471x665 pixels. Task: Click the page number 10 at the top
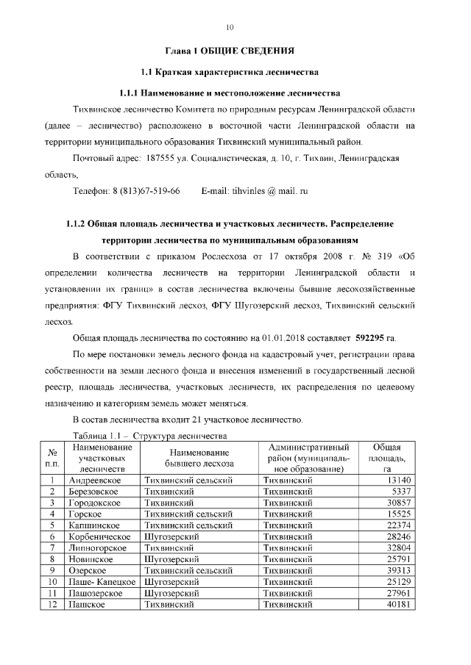click(x=230, y=27)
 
